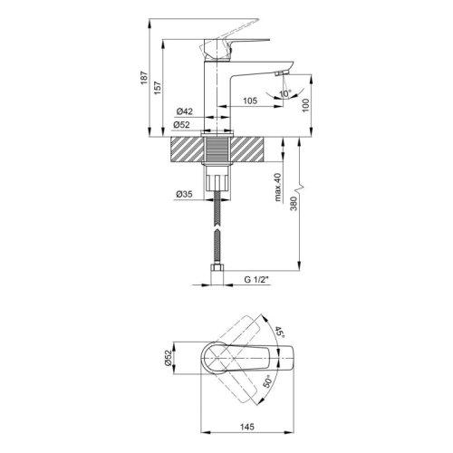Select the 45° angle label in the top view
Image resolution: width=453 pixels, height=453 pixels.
[x=280, y=336]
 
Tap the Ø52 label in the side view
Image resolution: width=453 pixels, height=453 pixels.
[x=181, y=124]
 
